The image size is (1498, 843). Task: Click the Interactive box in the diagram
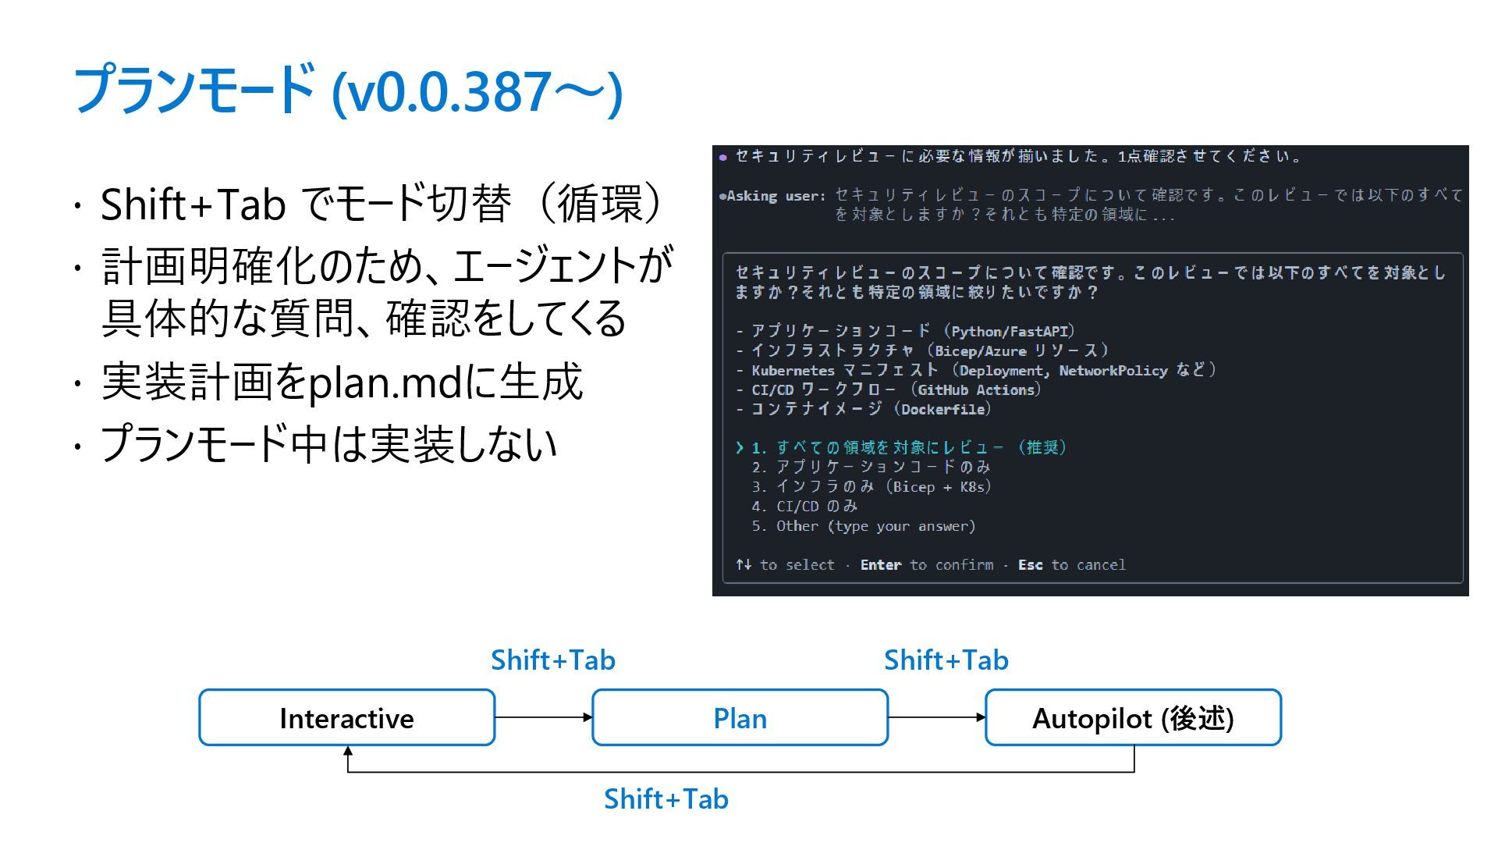point(346,718)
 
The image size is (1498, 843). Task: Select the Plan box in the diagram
point(740,718)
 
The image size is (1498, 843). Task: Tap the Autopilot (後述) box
point(1133,718)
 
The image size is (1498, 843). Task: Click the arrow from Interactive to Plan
point(543,717)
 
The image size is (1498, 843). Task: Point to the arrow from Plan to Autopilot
point(936,717)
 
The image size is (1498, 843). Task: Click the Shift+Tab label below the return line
point(666,799)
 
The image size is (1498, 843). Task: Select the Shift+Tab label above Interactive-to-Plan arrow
point(552,660)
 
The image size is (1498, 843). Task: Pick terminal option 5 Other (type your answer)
point(864,526)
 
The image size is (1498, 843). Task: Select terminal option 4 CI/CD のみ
point(804,507)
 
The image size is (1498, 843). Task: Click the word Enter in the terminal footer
point(880,565)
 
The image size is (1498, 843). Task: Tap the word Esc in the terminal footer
point(1030,565)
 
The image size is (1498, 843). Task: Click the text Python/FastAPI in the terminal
point(1009,332)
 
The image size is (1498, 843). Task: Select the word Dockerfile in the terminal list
point(942,410)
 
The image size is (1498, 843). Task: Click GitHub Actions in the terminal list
point(976,390)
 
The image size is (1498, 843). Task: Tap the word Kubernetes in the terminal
point(793,371)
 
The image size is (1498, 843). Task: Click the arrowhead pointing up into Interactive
point(348,752)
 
